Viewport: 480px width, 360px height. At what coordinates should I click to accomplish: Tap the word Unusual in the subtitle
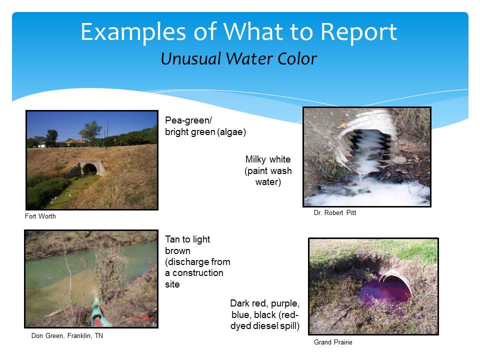(x=191, y=59)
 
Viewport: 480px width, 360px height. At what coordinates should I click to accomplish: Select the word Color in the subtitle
(x=297, y=59)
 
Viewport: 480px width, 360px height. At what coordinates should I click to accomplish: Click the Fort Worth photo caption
(x=40, y=216)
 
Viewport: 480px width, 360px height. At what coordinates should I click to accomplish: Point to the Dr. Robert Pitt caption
(x=335, y=212)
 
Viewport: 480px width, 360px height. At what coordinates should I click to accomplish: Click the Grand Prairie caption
(x=333, y=342)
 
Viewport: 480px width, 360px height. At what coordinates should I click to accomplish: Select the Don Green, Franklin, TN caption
(x=67, y=335)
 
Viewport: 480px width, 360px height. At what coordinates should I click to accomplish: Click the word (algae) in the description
(x=231, y=132)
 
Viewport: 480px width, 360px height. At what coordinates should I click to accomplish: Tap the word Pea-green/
(x=188, y=120)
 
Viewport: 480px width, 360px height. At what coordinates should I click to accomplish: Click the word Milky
(x=256, y=159)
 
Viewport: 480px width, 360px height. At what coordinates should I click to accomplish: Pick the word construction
(x=198, y=273)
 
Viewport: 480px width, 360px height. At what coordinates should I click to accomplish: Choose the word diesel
(x=260, y=325)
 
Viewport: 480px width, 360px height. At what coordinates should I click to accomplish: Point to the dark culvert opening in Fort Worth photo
(x=89, y=169)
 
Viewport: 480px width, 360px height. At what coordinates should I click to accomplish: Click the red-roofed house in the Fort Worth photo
(x=75, y=142)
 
